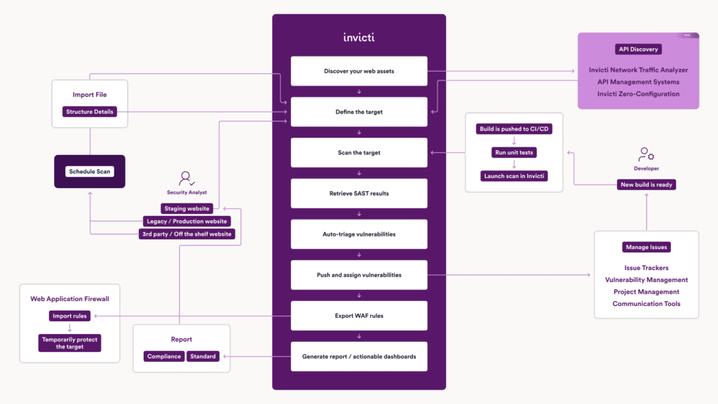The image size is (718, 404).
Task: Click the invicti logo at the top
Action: [x=358, y=37]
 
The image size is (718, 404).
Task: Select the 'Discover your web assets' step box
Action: [x=358, y=71]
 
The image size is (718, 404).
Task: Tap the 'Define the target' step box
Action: [x=358, y=112]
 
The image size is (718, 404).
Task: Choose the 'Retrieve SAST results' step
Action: [x=358, y=194]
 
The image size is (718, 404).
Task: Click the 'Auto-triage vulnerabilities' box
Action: [x=358, y=234]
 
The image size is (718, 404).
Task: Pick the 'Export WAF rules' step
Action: [x=358, y=316]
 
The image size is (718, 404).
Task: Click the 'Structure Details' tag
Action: [x=89, y=112]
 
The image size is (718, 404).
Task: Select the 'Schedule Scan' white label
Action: [x=90, y=172]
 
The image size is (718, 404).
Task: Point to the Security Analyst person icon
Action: [x=186, y=179]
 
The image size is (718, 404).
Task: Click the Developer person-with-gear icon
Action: [x=646, y=155]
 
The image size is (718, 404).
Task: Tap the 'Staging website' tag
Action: [x=187, y=208]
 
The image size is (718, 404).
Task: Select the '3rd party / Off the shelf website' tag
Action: [x=187, y=234]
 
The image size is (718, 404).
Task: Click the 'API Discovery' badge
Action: [x=639, y=49]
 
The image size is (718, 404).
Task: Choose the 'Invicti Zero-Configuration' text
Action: [x=638, y=94]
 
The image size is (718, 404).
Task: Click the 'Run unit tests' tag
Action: [x=514, y=152]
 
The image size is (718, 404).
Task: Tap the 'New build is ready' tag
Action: [x=646, y=184]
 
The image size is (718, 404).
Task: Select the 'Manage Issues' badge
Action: [x=646, y=247]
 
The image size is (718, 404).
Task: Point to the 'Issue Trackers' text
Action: [x=646, y=268]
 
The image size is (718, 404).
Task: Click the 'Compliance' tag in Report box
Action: [x=164, y=356]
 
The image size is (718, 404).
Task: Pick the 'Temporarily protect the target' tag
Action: [x=69, y=343]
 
